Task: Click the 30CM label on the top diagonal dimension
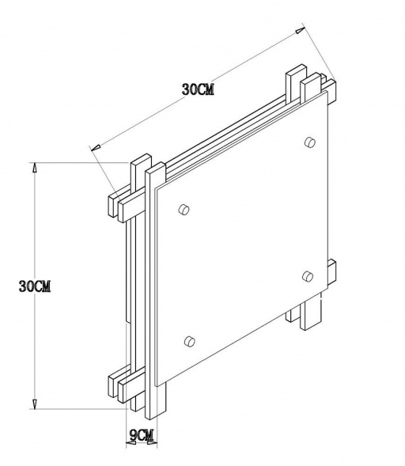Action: (x=198, y=90)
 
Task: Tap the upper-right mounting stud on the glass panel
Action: (x=308, y=142)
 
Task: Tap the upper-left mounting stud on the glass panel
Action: (x=184, y=209)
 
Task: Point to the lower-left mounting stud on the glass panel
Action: (x=188, y=341)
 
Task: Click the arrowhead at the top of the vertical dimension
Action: (x=35, y=167)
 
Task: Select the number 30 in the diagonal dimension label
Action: (x=188, y=90)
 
